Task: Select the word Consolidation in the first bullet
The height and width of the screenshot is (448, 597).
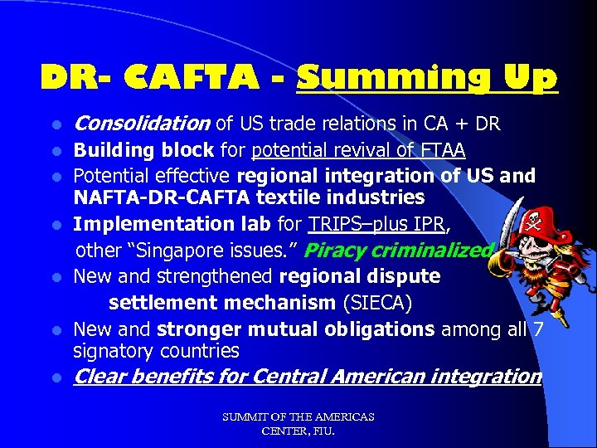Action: coord(142,124)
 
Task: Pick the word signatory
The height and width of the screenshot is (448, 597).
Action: coord(114,350)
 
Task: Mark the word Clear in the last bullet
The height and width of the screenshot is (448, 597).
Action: coord(100,377)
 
